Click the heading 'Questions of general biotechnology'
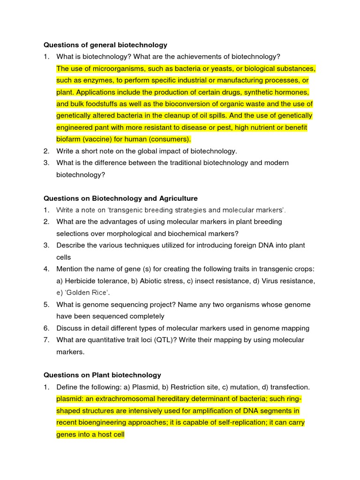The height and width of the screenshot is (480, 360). point(105,45)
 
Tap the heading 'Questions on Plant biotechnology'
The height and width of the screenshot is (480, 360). point(102,375)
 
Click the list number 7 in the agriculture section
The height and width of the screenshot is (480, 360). point(46,340)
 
